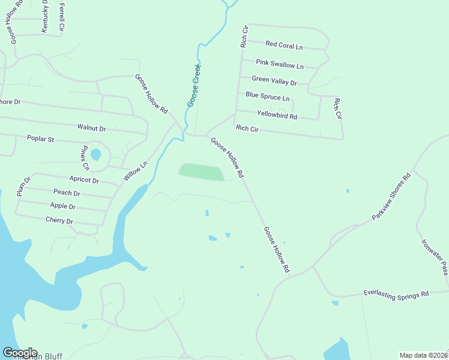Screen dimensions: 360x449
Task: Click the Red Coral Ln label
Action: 285,45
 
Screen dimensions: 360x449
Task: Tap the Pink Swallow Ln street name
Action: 280,64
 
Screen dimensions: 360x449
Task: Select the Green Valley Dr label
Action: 274,80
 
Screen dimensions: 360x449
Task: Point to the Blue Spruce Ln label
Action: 268,96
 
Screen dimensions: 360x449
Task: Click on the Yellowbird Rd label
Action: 277,114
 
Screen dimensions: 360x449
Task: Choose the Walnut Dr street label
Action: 91,128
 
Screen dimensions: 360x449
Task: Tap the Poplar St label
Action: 41,139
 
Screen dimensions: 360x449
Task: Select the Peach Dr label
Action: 67,193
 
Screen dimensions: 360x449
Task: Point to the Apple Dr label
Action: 63,206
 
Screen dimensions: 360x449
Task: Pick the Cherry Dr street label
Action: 59,221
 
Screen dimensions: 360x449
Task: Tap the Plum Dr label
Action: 23,186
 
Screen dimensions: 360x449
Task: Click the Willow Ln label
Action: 135,172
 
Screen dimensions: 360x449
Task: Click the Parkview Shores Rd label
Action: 391,196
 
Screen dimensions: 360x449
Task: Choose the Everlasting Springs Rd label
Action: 396,294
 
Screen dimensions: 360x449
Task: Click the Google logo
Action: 20,353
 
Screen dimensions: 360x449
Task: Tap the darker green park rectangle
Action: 201,172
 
